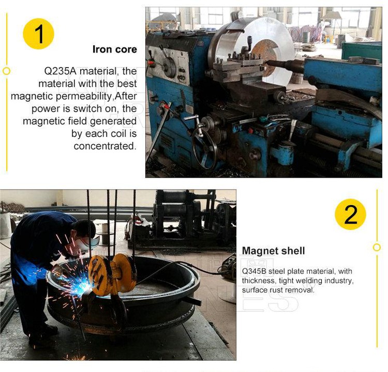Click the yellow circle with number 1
[39, 34]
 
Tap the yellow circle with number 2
[350, 214]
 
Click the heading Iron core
[114, 50]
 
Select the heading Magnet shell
[273, 251]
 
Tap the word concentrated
[105, 146]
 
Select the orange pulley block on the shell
[111, 274]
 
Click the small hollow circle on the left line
[6, 71]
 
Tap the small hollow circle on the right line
[377, 247]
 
